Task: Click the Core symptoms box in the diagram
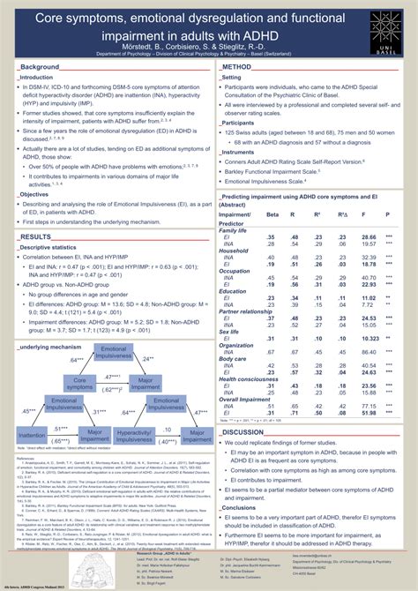click(85, 382)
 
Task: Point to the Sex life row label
click(230, 331)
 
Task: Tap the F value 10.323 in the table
click(369, 339)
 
